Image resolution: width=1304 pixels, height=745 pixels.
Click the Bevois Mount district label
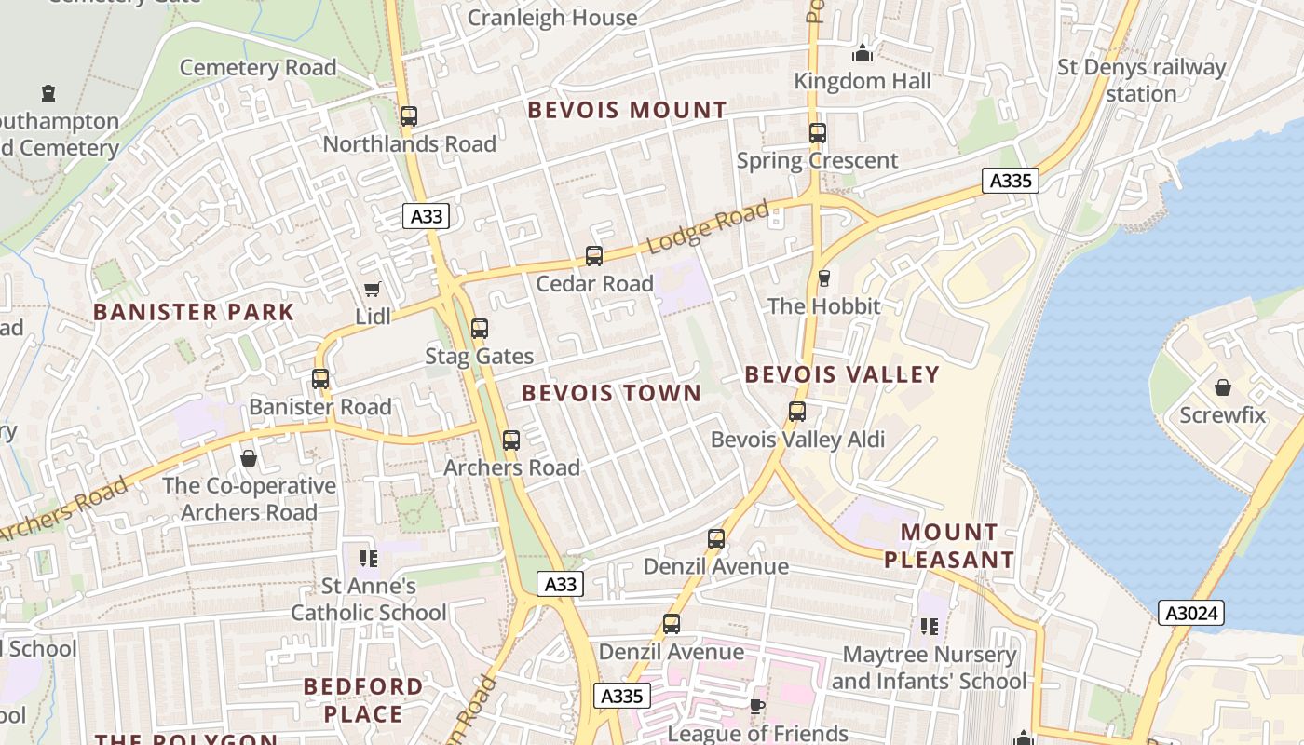coord(627,110)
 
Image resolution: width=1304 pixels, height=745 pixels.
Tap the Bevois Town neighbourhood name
coord(611,393)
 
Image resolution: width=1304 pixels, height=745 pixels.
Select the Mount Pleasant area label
coord(949,546)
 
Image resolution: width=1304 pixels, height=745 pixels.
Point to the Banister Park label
coord(194,312)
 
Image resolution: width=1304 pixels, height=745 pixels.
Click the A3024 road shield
coord(1190,613)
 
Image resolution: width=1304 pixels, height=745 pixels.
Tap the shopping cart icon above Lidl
coord(373,290)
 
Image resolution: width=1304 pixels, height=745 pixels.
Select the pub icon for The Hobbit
coord(823,278)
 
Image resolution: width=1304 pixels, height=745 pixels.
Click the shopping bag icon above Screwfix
coord(1222,387)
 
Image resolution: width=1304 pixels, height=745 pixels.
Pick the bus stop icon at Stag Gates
coord(480,329)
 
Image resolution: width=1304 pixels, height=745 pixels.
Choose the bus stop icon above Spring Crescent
coord(817,133)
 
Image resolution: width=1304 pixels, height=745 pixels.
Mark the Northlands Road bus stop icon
coord(409,116)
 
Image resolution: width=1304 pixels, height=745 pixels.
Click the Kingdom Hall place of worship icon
coord(863,54)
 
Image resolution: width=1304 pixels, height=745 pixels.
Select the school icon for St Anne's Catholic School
coord(369,559)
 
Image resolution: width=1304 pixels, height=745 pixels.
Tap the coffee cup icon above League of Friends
coord(757,707)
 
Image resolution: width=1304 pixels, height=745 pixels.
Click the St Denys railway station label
coord(1141,80)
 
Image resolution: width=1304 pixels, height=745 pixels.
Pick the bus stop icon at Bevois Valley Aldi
coord(797,412)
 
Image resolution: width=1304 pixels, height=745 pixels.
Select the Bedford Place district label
coord(363,700)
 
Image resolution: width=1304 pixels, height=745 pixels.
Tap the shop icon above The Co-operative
coord(249,458)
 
